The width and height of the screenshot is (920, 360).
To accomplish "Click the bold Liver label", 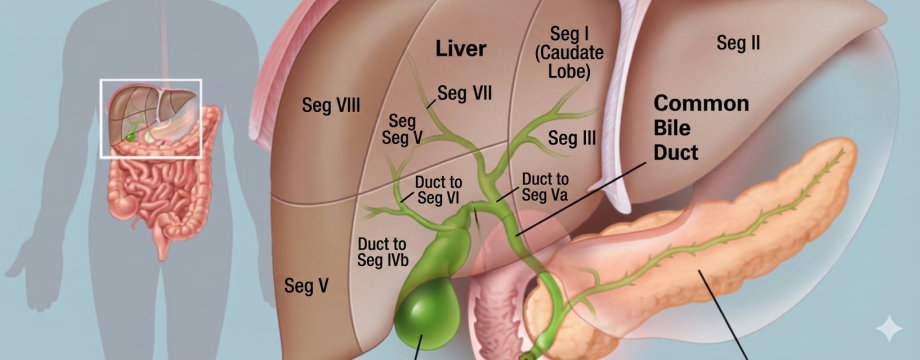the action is pos(461,49).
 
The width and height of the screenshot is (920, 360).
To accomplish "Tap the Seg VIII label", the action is pos(331,105).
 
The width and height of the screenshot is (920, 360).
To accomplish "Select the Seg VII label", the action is pos(464,93).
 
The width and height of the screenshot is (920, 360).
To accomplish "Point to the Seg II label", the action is pos(738,42).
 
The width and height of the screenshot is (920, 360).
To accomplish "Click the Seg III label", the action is pos(571,138).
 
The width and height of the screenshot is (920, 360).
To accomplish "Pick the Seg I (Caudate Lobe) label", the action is pos(569,52).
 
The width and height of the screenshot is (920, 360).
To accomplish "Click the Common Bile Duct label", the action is pos(701,128).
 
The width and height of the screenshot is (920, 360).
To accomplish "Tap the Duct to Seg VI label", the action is pos(438,189).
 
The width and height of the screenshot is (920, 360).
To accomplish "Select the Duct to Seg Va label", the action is pos(544,186).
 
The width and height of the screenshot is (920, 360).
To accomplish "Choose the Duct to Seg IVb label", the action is pos(383,252).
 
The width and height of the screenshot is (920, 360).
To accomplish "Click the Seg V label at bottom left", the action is pos(306,286).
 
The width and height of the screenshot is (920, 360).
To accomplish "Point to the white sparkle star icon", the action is pos(889,328).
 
